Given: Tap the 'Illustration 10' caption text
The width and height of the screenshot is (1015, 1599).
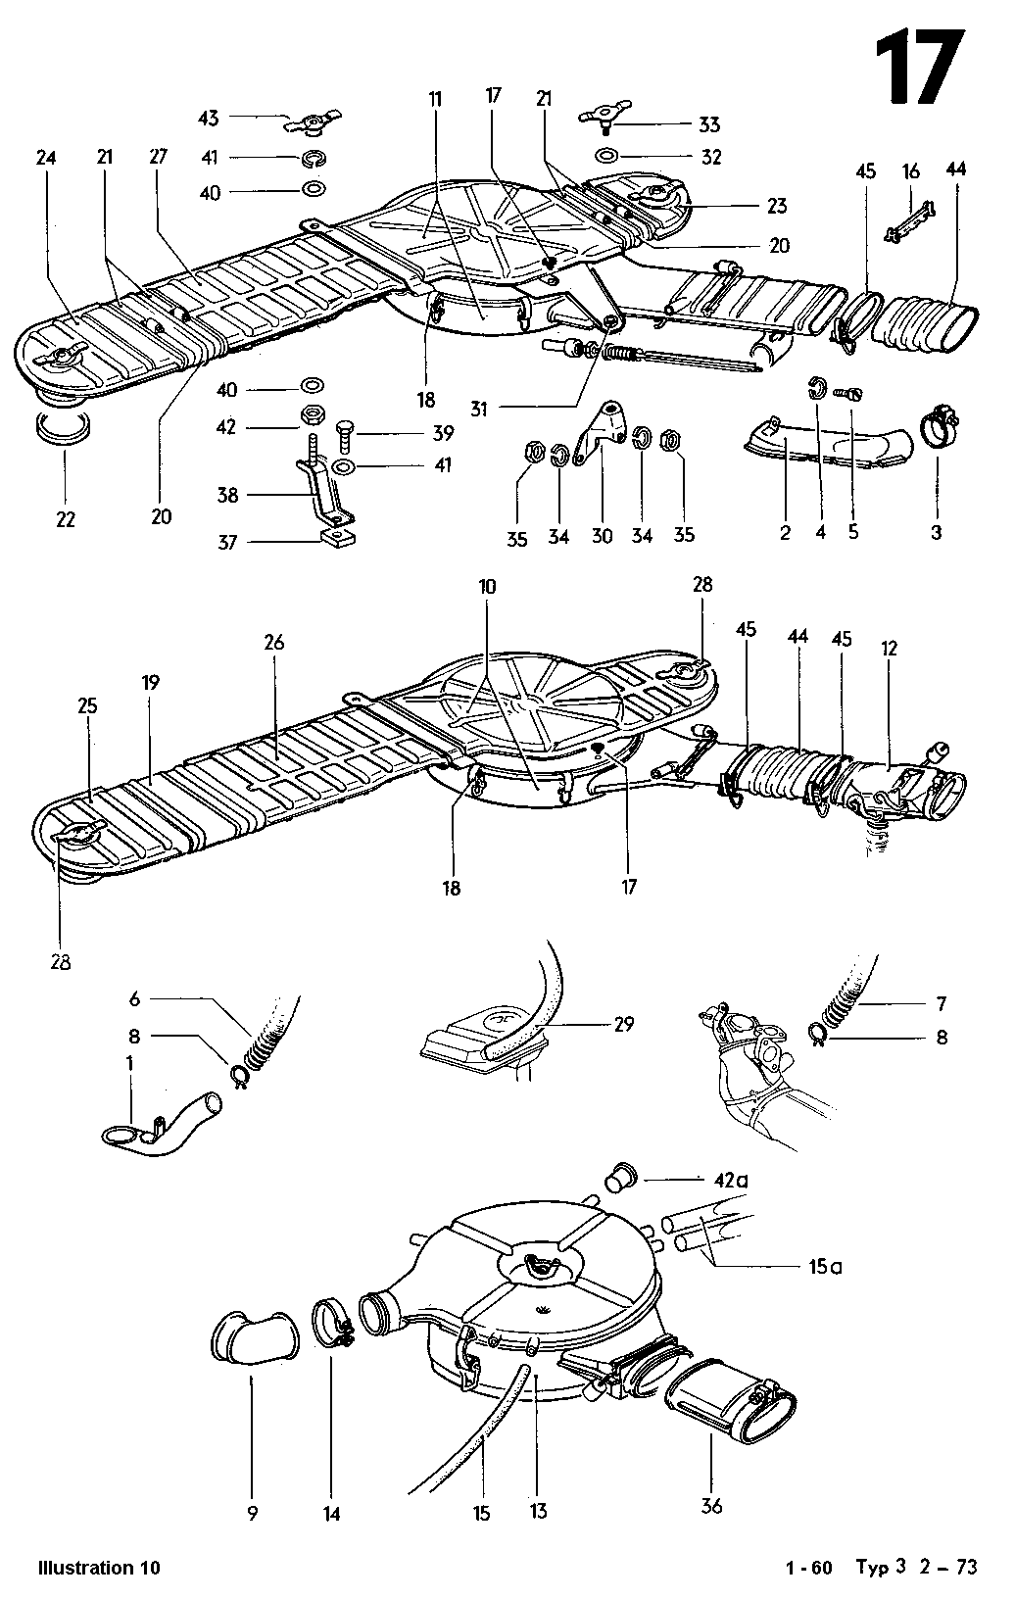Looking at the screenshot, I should coord(98,1568).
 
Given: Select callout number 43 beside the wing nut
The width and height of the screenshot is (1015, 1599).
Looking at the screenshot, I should coord(209,118).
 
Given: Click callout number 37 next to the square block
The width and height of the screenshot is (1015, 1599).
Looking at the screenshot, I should coord(228,542).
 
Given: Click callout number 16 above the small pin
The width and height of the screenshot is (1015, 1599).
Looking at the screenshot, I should coord(911,171).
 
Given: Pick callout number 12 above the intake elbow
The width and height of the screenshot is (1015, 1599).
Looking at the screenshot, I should coord(888,649).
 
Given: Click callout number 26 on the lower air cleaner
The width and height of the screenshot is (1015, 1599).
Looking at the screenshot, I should coord(273,642).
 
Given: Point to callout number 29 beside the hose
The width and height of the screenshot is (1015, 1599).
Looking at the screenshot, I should coord(623,1024).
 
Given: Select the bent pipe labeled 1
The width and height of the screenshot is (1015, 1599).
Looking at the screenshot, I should coord(167,1123).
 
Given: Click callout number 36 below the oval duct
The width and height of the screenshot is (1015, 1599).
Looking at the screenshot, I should coord(712,1506).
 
